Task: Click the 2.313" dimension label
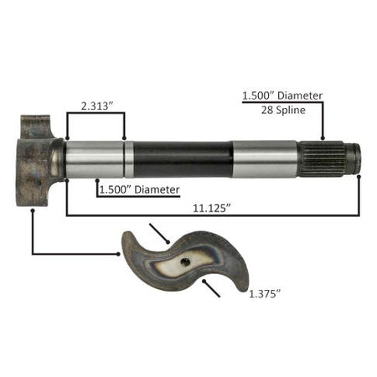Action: tap(97, 106)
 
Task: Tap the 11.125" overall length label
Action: tap(212, 209)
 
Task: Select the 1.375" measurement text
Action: tap(264, 294)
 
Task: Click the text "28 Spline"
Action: tap(283, 110)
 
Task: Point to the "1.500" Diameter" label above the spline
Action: tap(282, 96)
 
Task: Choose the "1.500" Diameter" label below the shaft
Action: tap(139, 190)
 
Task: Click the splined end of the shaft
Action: tap(329, 159)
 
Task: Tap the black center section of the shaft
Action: tap(183, 159)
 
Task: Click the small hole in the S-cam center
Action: tap(185, 262)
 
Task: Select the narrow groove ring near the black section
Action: tap(129, 159)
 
